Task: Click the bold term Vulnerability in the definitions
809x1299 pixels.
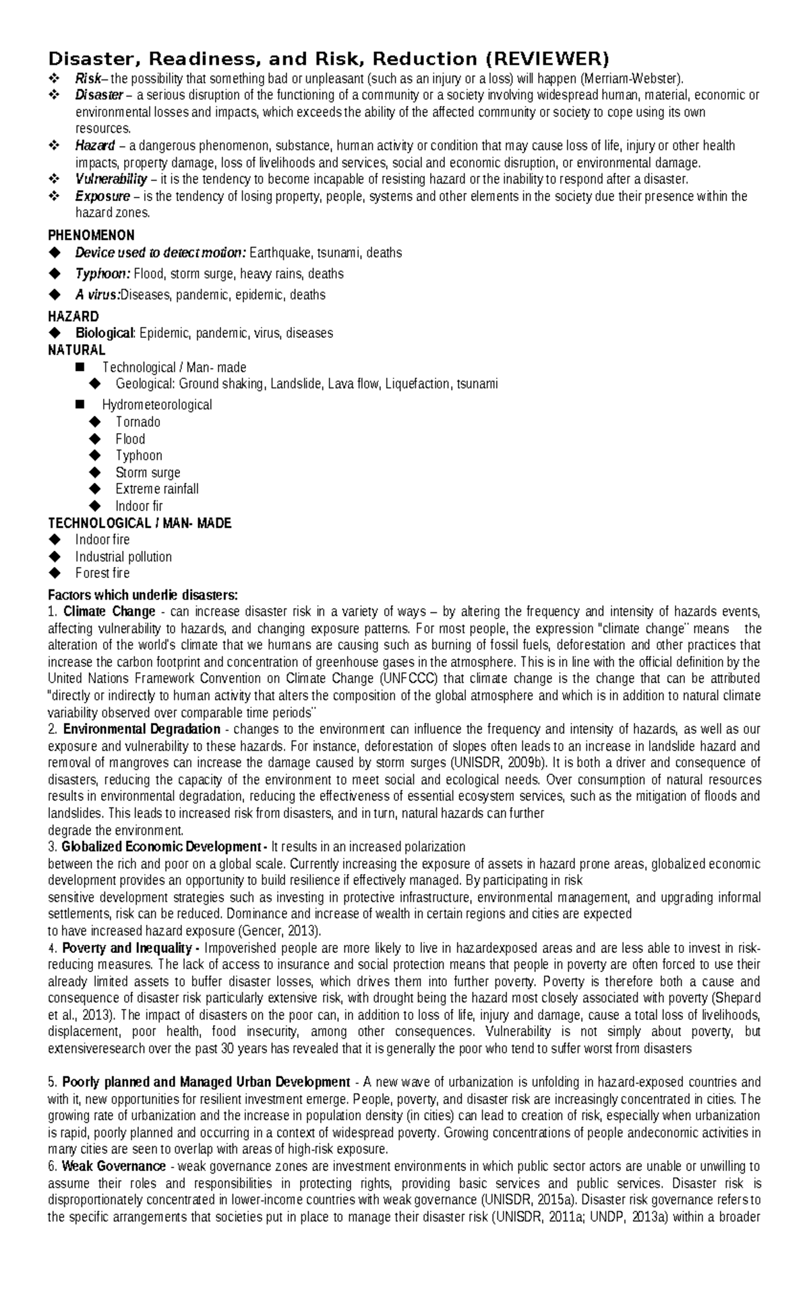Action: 111,179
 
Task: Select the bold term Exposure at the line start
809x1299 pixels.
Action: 102,196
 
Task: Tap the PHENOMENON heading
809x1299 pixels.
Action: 91,235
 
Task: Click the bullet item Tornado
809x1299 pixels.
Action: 138,422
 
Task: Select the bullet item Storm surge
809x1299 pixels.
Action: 148,473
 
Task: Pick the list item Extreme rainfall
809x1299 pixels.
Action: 156,489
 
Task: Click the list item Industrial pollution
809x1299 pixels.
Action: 123,557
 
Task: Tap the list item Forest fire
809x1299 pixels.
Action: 102,573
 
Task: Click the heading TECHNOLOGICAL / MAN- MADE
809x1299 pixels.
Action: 140,523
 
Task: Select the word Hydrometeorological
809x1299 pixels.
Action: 156,405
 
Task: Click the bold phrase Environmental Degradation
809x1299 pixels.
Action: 141,729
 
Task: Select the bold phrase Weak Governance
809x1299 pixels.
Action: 113,1166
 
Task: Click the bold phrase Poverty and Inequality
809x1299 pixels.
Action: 130,948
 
